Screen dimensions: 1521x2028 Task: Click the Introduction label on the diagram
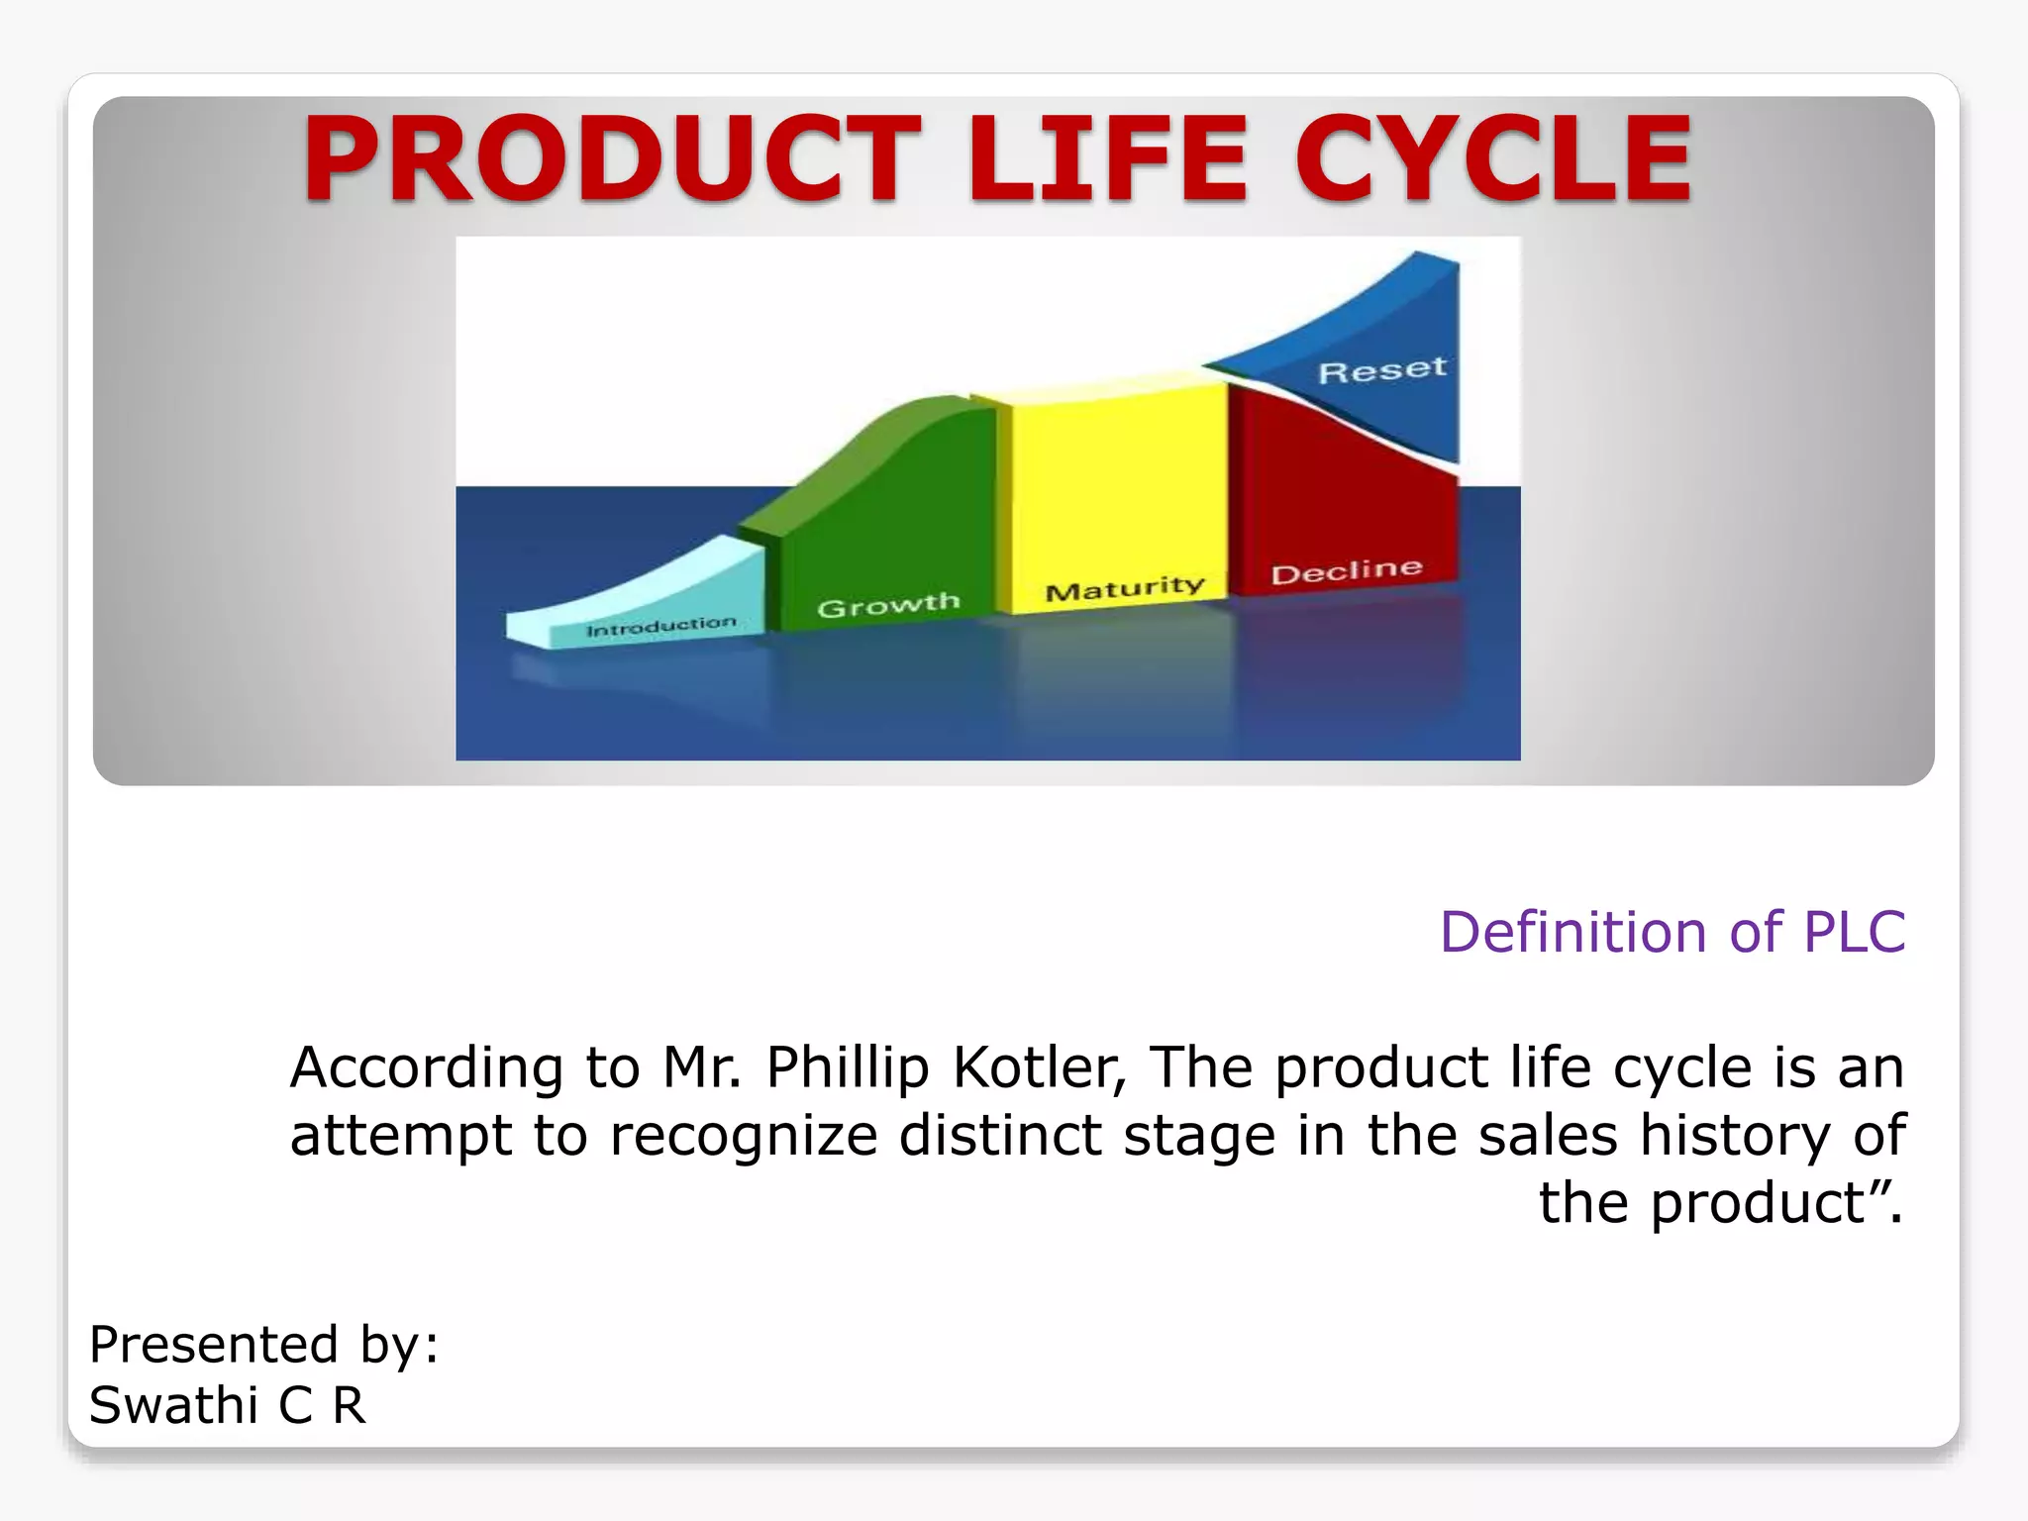661,627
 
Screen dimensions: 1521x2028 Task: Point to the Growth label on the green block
888,604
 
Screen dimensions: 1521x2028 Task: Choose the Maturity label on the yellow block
1125,588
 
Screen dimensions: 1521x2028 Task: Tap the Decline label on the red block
1347,571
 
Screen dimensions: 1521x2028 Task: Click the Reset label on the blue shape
1382,370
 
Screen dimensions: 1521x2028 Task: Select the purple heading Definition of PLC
1672,932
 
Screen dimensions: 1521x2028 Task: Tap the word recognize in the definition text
744,1136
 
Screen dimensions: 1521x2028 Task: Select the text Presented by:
263,1345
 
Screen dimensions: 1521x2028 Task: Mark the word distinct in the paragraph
999,1135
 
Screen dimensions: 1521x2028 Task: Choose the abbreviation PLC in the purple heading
1854,932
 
